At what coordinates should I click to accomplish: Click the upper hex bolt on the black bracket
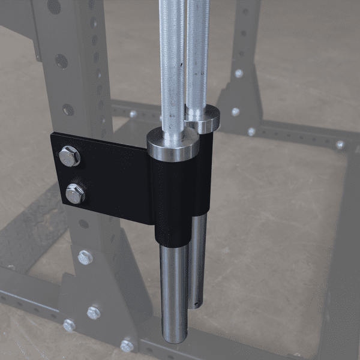69,157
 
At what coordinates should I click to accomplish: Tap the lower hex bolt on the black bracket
75,193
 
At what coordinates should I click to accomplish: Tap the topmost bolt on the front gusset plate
85,257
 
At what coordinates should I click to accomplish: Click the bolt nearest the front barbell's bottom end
127,346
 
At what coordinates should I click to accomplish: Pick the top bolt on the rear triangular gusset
239,73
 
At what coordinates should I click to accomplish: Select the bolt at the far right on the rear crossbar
340,145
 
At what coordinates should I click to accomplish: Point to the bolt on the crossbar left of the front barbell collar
133,113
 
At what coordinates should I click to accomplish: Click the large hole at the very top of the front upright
54,7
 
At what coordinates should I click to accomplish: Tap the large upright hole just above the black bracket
68,110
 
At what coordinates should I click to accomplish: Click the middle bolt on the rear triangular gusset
235,112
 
